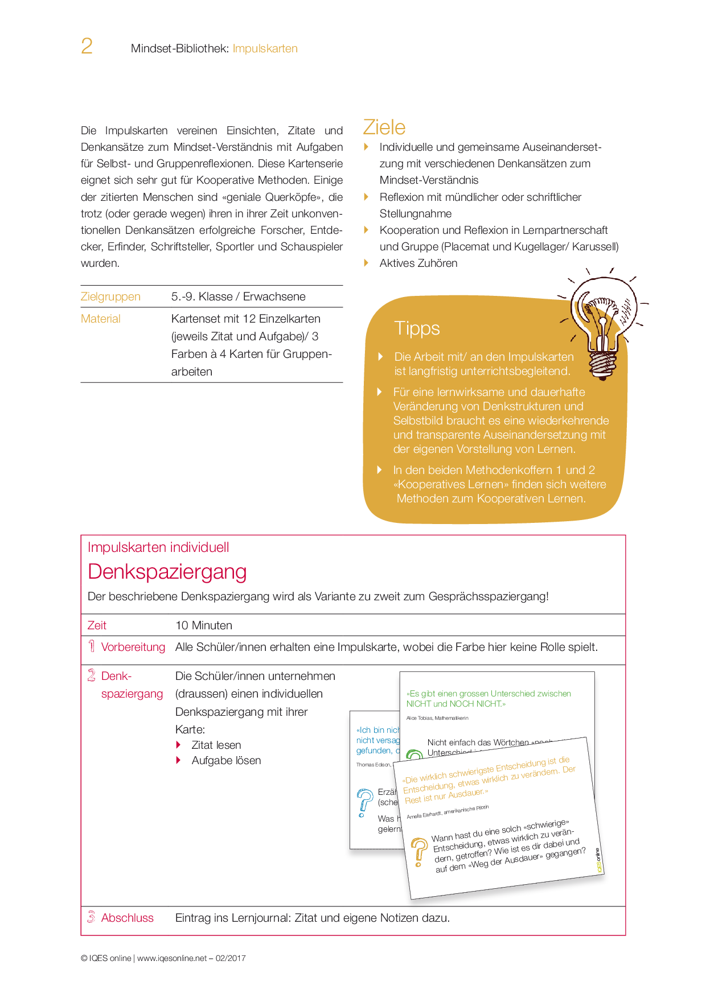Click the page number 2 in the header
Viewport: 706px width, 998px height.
click(87, 46)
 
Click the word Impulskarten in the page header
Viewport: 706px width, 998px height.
click(265, 48)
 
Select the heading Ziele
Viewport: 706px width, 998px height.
click(384, 127)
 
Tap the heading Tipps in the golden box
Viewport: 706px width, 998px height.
click(417, 328)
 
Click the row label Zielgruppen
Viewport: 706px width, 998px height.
click(110, 296)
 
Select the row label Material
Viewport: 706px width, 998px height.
click(101, 319)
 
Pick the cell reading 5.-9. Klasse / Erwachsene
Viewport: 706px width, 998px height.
click(238, 296)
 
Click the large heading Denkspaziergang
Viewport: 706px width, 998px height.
click(167, 571)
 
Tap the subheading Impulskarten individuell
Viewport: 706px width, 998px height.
click(158, 547)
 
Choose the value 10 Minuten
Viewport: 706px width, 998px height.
click(203, 625)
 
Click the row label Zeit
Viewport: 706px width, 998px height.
click(97, 625)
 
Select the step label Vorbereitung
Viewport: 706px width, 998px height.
click(133, 647)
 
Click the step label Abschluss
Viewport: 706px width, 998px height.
click(127, 918)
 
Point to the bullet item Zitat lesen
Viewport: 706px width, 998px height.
click(216, 745)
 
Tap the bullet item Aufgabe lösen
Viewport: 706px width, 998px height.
click(226, 760)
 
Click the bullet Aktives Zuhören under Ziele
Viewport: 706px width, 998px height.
click(418, 263)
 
